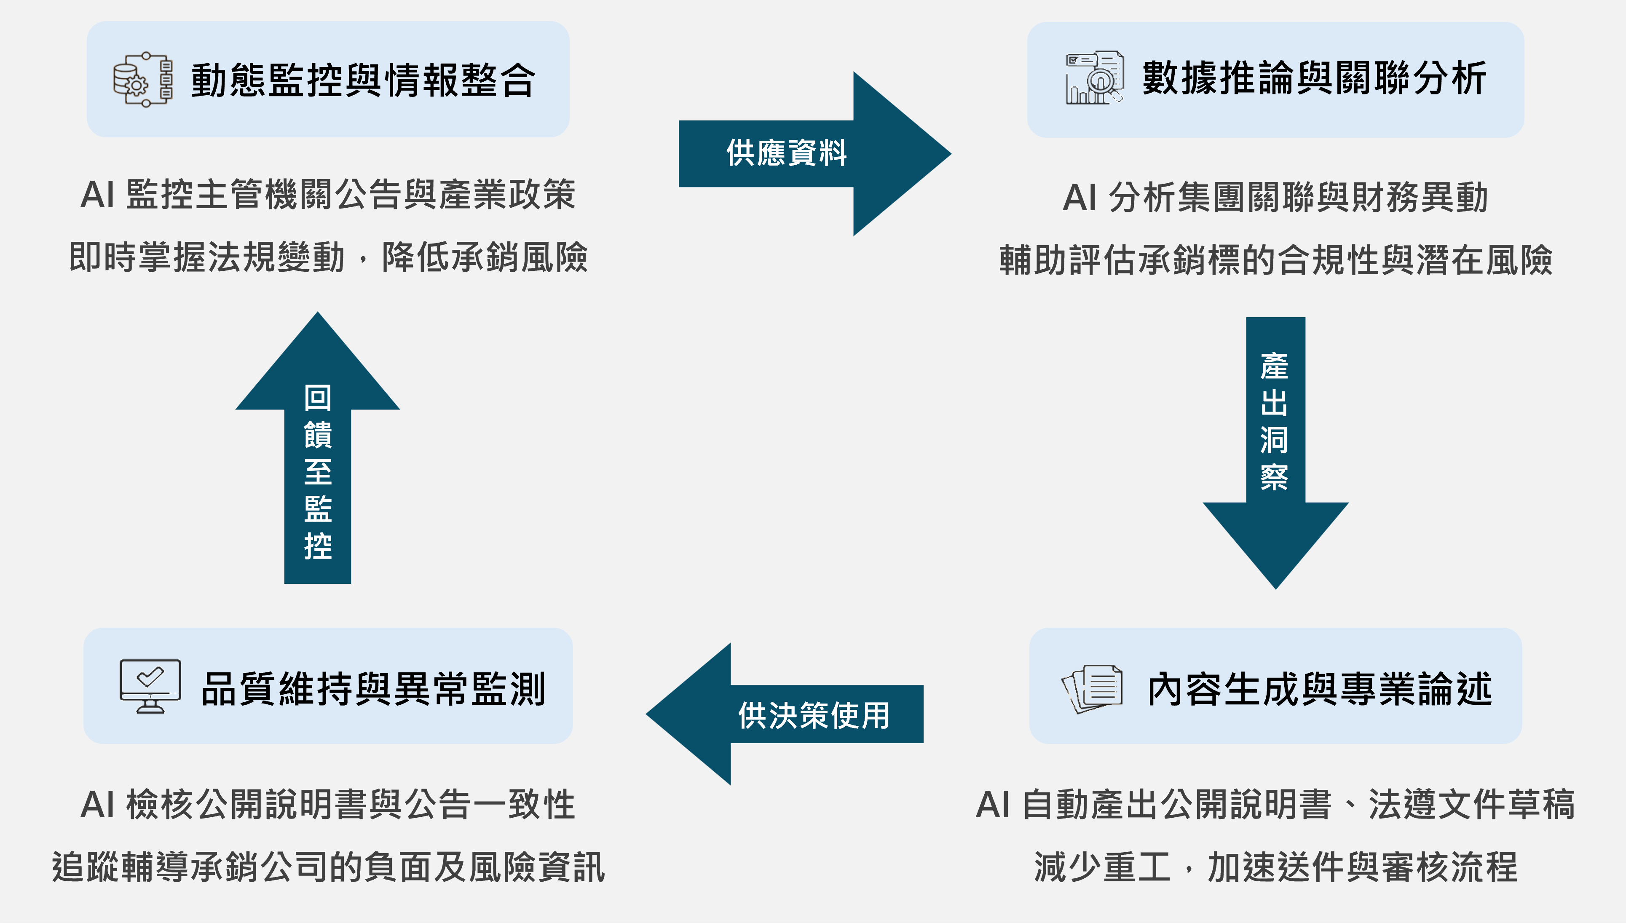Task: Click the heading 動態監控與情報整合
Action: pos(363,80)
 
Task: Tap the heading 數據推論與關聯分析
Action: pos(1314,79)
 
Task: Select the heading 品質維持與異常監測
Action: pos(373,689)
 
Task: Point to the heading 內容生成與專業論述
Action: pos(1320,689)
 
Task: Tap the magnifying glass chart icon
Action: pos(1095,78)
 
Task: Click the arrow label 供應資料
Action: pos(786,153)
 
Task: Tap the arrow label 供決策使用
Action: pos(813,716)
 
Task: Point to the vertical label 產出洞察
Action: pos(1274,422)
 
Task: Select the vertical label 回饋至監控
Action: pos(318,472)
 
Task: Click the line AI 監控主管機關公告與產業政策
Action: pos(328,195)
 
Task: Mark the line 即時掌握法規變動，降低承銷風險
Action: pos(328,257)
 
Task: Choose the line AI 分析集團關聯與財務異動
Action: pos(1275,197)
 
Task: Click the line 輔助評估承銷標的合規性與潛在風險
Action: pos(1275,260)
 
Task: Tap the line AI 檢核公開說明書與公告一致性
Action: pos(328,805)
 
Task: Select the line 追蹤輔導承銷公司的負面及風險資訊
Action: pos(328,867)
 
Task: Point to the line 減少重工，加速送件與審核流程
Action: pos(1275,867)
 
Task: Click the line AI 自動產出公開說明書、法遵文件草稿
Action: pos(1275,805)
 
